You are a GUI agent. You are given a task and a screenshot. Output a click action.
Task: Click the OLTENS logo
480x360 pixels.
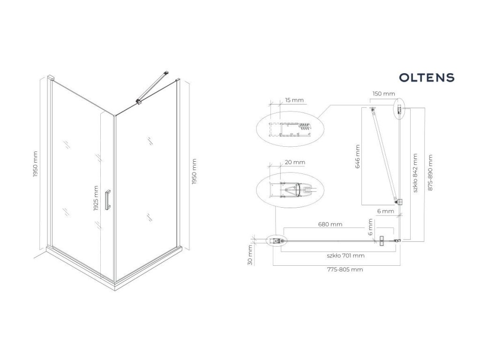tap(426, 77)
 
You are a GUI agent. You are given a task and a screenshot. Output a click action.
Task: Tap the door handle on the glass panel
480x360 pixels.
tap(108, 200)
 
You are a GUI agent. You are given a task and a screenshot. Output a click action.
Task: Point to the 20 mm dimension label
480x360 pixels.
tap(294, 162)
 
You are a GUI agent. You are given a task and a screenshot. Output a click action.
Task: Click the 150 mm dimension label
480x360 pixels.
tap(383, 94)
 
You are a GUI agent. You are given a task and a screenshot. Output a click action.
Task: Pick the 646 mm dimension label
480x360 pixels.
tap(358, 157)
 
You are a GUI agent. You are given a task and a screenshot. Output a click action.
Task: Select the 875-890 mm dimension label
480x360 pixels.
tap(431, 172)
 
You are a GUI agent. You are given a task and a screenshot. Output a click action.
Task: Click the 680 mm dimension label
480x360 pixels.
tap(330, 225)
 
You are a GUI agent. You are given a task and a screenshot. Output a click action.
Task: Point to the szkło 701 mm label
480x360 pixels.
tap(346, 255)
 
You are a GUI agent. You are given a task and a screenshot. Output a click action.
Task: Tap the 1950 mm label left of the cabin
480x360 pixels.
tap(36, 164)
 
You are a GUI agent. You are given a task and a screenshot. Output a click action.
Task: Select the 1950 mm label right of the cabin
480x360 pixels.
tap(195, 172)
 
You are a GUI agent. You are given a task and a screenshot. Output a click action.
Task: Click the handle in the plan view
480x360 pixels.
tap(382, 240)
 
